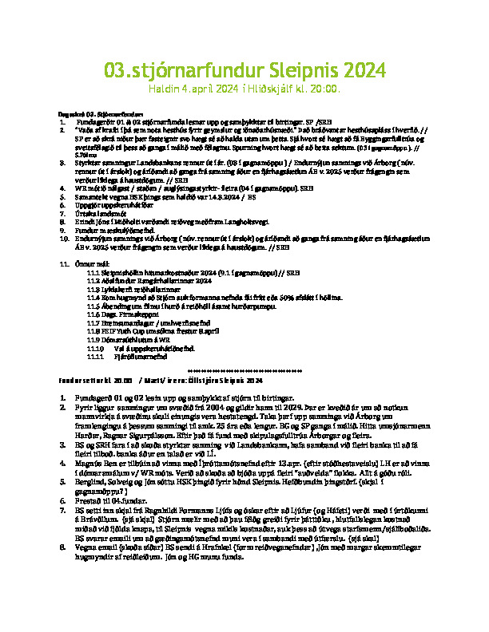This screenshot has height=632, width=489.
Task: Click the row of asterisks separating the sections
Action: tap(244, 371)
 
